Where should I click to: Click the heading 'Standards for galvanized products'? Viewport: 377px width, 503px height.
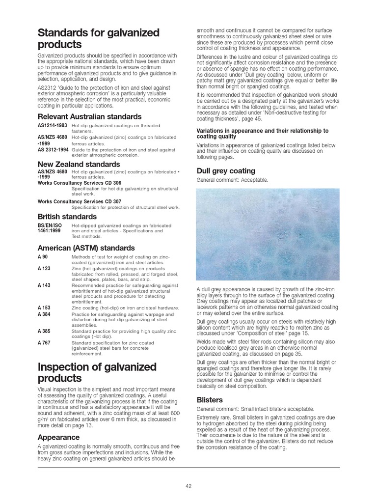coord(98,39)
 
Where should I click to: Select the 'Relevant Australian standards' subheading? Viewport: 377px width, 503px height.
coord(89,117)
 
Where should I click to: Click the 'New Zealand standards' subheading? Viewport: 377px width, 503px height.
coord(79,164)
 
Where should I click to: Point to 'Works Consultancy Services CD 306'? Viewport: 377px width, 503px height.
coord(79,183)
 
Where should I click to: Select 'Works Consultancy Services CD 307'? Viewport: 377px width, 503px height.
coord(79,201)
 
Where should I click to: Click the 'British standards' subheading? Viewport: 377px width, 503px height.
coord(67,217)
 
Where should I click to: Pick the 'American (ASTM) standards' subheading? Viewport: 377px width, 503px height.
coord(86,248)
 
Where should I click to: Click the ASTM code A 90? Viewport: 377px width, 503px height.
coord(43,257)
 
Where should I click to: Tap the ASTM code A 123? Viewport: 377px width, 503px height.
coord(45,268)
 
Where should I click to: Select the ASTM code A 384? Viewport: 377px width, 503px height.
coord(45,313)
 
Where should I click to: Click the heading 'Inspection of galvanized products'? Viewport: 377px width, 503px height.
coord(97,373)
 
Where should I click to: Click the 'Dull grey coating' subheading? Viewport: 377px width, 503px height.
coord(225,171)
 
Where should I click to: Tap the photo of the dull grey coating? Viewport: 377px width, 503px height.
coord(267,235)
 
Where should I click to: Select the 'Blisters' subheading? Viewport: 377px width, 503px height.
coord(210,400)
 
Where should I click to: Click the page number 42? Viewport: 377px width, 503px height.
coord(188,486)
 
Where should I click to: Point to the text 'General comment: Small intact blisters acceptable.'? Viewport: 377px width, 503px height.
coord(254,409)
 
